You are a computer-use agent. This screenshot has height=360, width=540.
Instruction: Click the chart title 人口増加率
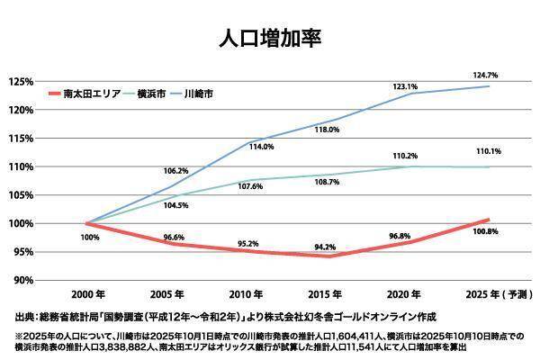coord(270,39)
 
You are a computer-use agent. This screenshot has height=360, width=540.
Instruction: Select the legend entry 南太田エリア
coord(94,93)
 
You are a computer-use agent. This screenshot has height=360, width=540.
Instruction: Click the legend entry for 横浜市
coord(155,93)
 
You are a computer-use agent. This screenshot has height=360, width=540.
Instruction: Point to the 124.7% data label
coord(490,74)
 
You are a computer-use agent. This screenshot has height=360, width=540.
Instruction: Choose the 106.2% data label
coord(175,171)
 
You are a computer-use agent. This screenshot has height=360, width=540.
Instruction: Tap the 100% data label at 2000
coord(90,238)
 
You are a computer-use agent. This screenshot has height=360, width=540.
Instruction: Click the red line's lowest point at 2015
coord(331,256)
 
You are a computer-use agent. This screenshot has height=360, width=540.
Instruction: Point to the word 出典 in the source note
coord(25,317)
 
